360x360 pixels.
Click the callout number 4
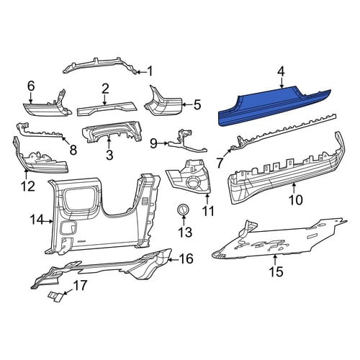pos(281,72)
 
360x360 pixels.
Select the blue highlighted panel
pos(274,107)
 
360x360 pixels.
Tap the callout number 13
pos(185,232)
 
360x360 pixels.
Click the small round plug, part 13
pos(184,210)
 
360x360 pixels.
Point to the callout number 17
pos(80,285)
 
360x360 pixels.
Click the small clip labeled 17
pos(55,297)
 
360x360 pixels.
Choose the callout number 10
pos(296,199)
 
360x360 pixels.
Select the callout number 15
pos(276,271)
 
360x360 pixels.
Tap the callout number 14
pos(37,220)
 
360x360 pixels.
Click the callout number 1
pos(150,71)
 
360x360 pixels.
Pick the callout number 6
pos(31,86)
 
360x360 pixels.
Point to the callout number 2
pos(105,89)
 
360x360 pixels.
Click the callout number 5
pos(197,104)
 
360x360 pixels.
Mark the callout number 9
pos(154,143)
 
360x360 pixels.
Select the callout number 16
pos(186,258)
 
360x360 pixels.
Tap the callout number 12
pos(27,186)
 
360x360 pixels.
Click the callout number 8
pos(73,150)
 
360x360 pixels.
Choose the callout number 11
pos(208,211)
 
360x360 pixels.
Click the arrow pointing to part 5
pos(186,104)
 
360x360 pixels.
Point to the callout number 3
pos(109,155)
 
